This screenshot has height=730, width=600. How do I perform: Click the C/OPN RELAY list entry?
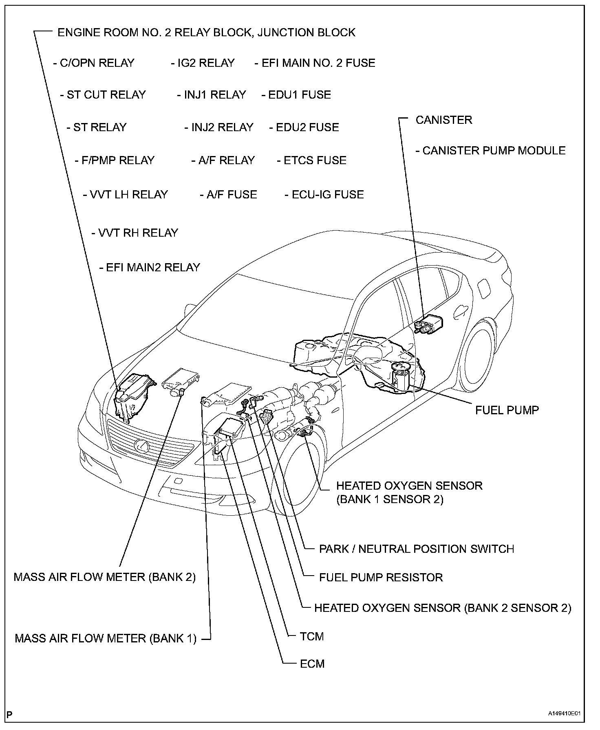[x=94, y=63]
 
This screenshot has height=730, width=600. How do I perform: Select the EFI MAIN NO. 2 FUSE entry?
[x=315, y=63]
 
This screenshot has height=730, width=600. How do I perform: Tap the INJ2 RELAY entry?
[x=219, y=128]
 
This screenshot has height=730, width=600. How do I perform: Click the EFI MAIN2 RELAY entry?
[x=150, y=268]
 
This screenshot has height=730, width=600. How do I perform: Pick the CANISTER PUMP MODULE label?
[x=490, y=151]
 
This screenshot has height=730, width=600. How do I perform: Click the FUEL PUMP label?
[x=507, y=410]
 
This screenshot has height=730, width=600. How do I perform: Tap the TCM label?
[x=311, y=636]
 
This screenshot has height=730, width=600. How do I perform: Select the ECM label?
[x=312, y=664]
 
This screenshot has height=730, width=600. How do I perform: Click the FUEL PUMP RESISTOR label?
[x=381, y=578]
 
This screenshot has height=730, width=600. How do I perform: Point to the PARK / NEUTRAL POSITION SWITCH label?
[x=416, y=549]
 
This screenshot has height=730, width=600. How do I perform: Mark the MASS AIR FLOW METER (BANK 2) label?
[x=105, y=577]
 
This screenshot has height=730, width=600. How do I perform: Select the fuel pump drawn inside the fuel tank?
[x=400, y=376]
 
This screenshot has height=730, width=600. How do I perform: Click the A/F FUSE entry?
[x=228, y=195]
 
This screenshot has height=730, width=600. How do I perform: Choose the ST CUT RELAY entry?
[x=103, y=95]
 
